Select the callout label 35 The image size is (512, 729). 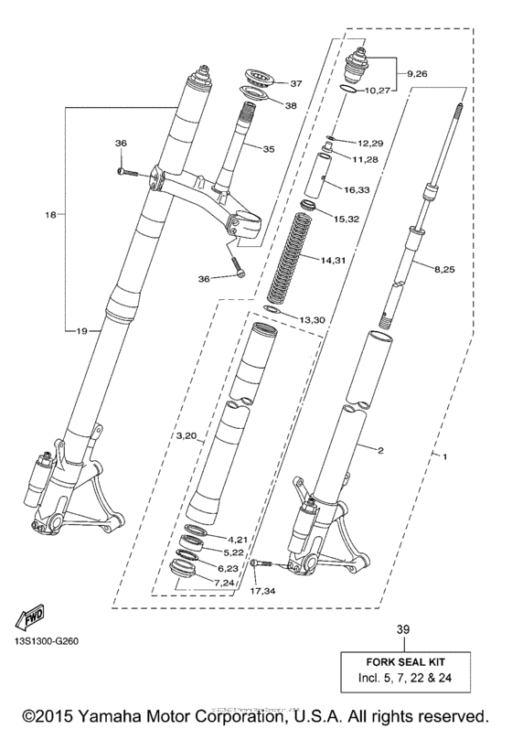tap(267, 149)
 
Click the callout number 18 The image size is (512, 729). tap(51, 215)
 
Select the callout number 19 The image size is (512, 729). tap(81, 331)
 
